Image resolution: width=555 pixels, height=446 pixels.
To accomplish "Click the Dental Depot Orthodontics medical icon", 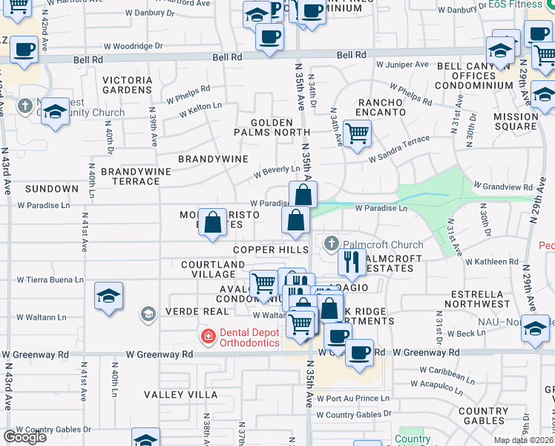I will click(208, 337).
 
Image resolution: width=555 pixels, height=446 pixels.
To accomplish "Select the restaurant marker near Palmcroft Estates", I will click(352, 261).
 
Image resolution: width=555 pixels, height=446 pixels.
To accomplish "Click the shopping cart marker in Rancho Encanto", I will click(358, 134).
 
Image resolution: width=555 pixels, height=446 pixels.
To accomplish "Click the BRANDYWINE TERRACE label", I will click(136, 176).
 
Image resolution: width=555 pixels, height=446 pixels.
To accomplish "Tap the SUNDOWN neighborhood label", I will click(51, 190).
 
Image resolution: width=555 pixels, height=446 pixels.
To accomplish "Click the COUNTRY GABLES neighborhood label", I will click(483, 416).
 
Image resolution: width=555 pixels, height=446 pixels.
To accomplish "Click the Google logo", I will click(24, 437).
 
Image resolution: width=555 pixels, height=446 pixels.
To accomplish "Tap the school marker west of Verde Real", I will click(109, 297).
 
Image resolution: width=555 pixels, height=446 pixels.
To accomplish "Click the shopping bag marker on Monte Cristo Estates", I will click(213, 222).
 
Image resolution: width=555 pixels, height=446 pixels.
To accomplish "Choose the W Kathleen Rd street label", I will click(492, 262).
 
